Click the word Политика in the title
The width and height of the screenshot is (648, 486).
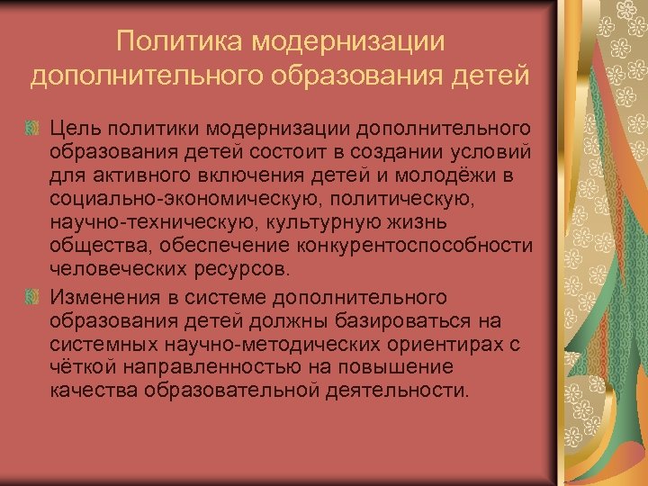click(x=180, y=42)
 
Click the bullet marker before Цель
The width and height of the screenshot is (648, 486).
click(x=33, y=130)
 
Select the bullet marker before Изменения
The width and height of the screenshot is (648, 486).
click(x=33, y=298)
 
